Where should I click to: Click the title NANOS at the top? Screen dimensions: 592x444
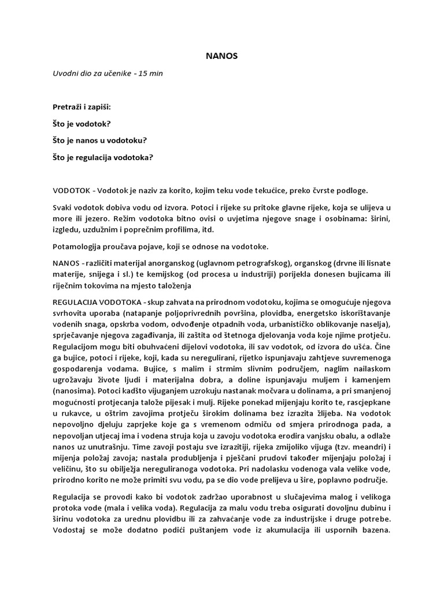[x=221, y=57]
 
